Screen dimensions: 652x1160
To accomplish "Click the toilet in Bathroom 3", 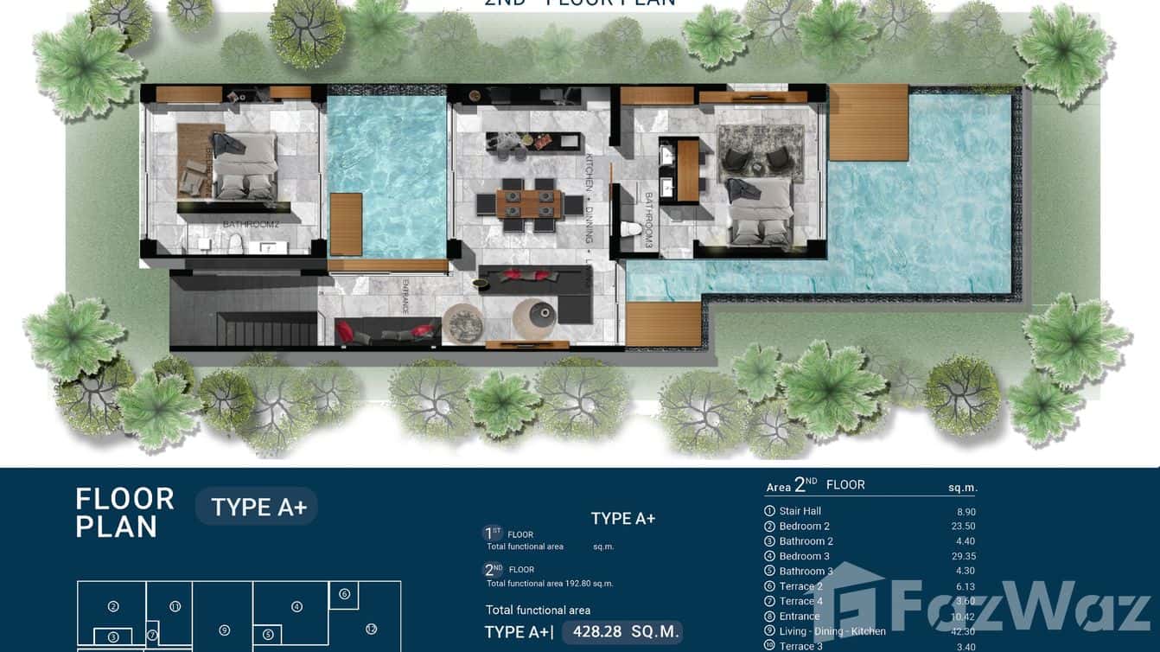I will (632, 231).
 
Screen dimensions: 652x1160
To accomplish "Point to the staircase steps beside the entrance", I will (265, 329).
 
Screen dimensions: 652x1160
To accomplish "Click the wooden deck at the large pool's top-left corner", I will (868, 123).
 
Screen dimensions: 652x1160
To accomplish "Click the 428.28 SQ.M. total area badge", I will (621, 631).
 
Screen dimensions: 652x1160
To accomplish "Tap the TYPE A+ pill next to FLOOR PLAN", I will (258, 507).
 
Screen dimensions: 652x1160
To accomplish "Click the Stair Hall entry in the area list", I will (800, 511).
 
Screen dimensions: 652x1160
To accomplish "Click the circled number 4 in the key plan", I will (296, 607).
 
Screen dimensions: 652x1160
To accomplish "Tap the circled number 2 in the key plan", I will (113, 607).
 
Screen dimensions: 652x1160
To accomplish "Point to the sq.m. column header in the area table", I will (962, 488).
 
